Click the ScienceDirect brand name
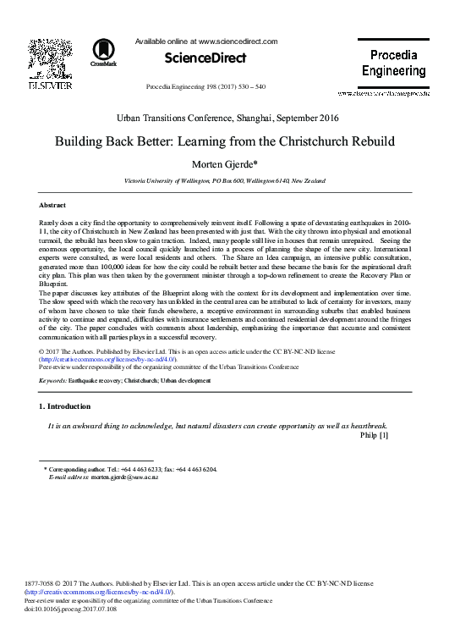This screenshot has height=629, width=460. point(205,58)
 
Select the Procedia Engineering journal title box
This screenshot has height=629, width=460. point(393,63)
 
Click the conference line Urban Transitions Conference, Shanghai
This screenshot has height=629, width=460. point(229,119)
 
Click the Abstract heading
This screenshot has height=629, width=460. point(53,206)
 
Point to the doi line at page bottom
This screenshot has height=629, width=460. point(72,610)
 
